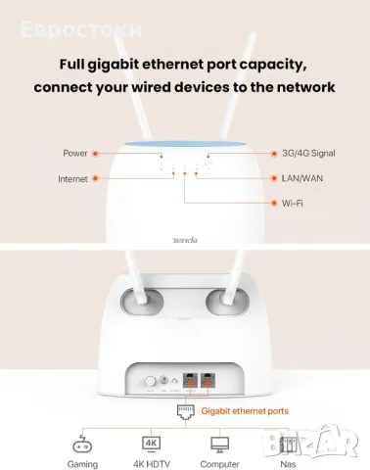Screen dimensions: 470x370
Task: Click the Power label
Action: (74, 154)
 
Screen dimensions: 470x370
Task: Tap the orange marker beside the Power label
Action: (96, 154)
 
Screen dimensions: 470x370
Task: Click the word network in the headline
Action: (301, 87)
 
